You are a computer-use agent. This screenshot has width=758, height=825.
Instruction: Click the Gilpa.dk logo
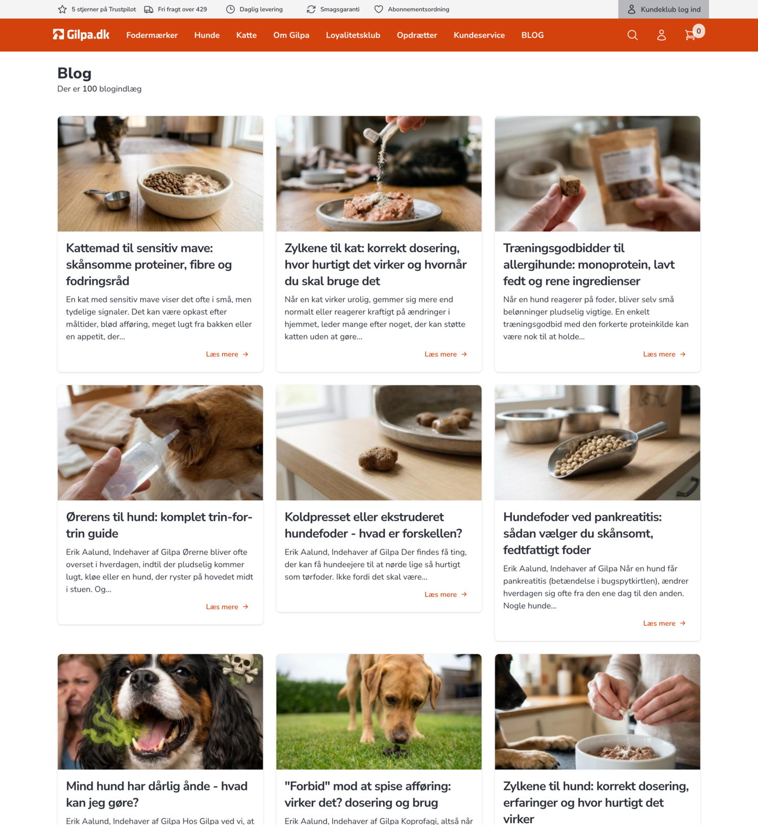[81, 35]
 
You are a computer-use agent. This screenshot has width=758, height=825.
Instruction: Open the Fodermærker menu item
[152, 35]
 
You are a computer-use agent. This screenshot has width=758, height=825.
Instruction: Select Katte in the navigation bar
[246, 35]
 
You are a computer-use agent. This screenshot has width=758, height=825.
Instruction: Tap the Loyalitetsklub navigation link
[353, 35]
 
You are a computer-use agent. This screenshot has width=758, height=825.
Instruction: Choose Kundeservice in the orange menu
[479, 35]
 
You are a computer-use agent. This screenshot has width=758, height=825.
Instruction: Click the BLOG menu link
[532, 35]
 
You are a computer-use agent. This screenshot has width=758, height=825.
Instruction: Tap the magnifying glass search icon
[632, 35]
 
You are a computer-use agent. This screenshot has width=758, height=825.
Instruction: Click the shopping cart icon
[690, 35]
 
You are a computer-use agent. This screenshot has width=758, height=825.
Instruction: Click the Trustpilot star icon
[62, 9]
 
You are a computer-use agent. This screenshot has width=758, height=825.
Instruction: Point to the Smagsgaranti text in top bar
[339, 9]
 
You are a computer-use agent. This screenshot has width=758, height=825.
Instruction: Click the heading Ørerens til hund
[159, 525]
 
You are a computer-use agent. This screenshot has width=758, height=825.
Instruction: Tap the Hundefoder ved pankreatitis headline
[582, 533]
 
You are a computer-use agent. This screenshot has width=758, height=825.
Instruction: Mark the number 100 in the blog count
[90, 89]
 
